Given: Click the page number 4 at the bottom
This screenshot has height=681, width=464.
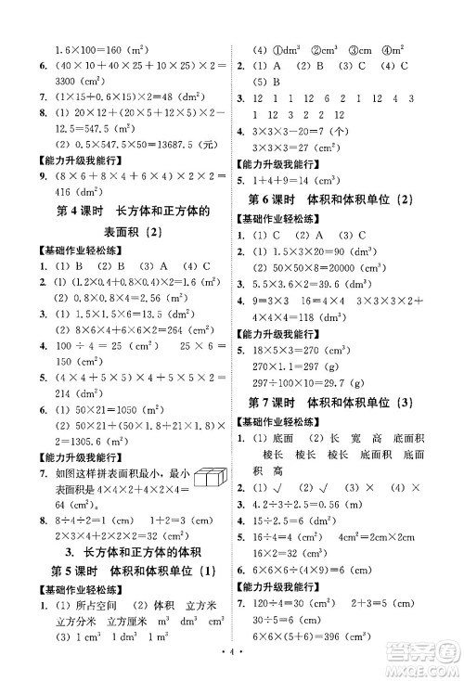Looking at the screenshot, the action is [x=232, y=666].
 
